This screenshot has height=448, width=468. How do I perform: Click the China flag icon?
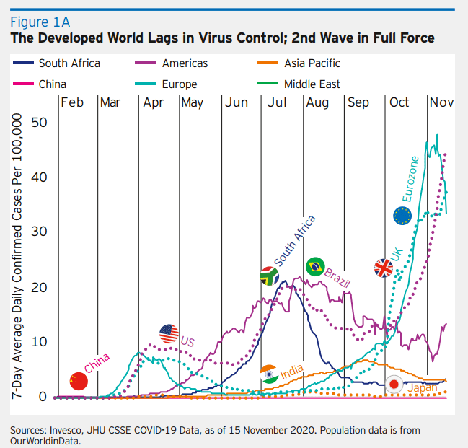coord(78,381)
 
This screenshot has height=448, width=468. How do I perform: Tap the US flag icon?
coord(169,333)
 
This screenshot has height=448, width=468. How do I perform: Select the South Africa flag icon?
coord(270,276)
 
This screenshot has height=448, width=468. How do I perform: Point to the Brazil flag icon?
coord(314,266)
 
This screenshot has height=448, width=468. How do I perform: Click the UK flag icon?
coord(384,268)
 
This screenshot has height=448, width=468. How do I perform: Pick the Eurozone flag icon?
coord(402,214)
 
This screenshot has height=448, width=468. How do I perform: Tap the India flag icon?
coord(269,374)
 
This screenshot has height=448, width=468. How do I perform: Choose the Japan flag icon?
coord(394,385)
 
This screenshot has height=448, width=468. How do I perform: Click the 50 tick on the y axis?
coord(37,122)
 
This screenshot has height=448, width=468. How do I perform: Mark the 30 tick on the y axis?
coord(37,232)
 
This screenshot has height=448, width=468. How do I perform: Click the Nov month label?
coord(441,102)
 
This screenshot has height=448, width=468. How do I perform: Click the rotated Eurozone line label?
coord(410,178)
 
